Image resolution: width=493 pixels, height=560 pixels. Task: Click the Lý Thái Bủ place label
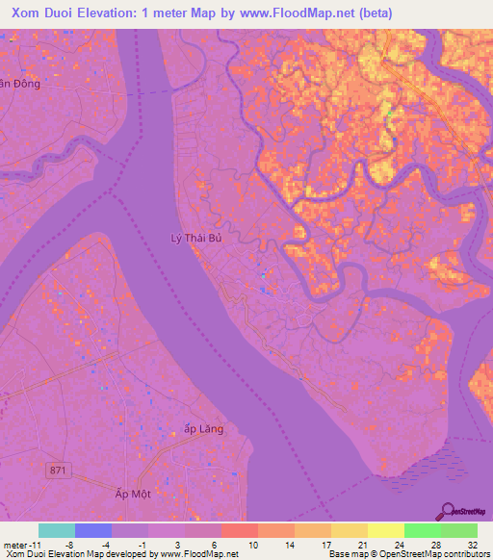[x=195, y=237]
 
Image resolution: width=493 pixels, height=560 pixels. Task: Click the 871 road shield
[x=60, y=469]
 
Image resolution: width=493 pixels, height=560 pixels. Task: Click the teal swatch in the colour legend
[x=57, y=530]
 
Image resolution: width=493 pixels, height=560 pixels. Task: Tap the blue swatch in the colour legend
[x=93, y=530]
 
